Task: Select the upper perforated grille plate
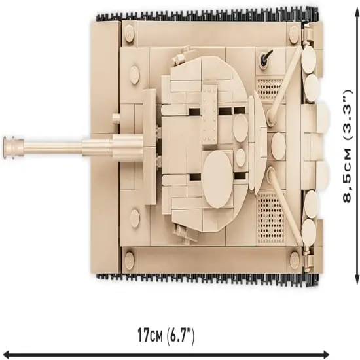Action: point(269,89)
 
